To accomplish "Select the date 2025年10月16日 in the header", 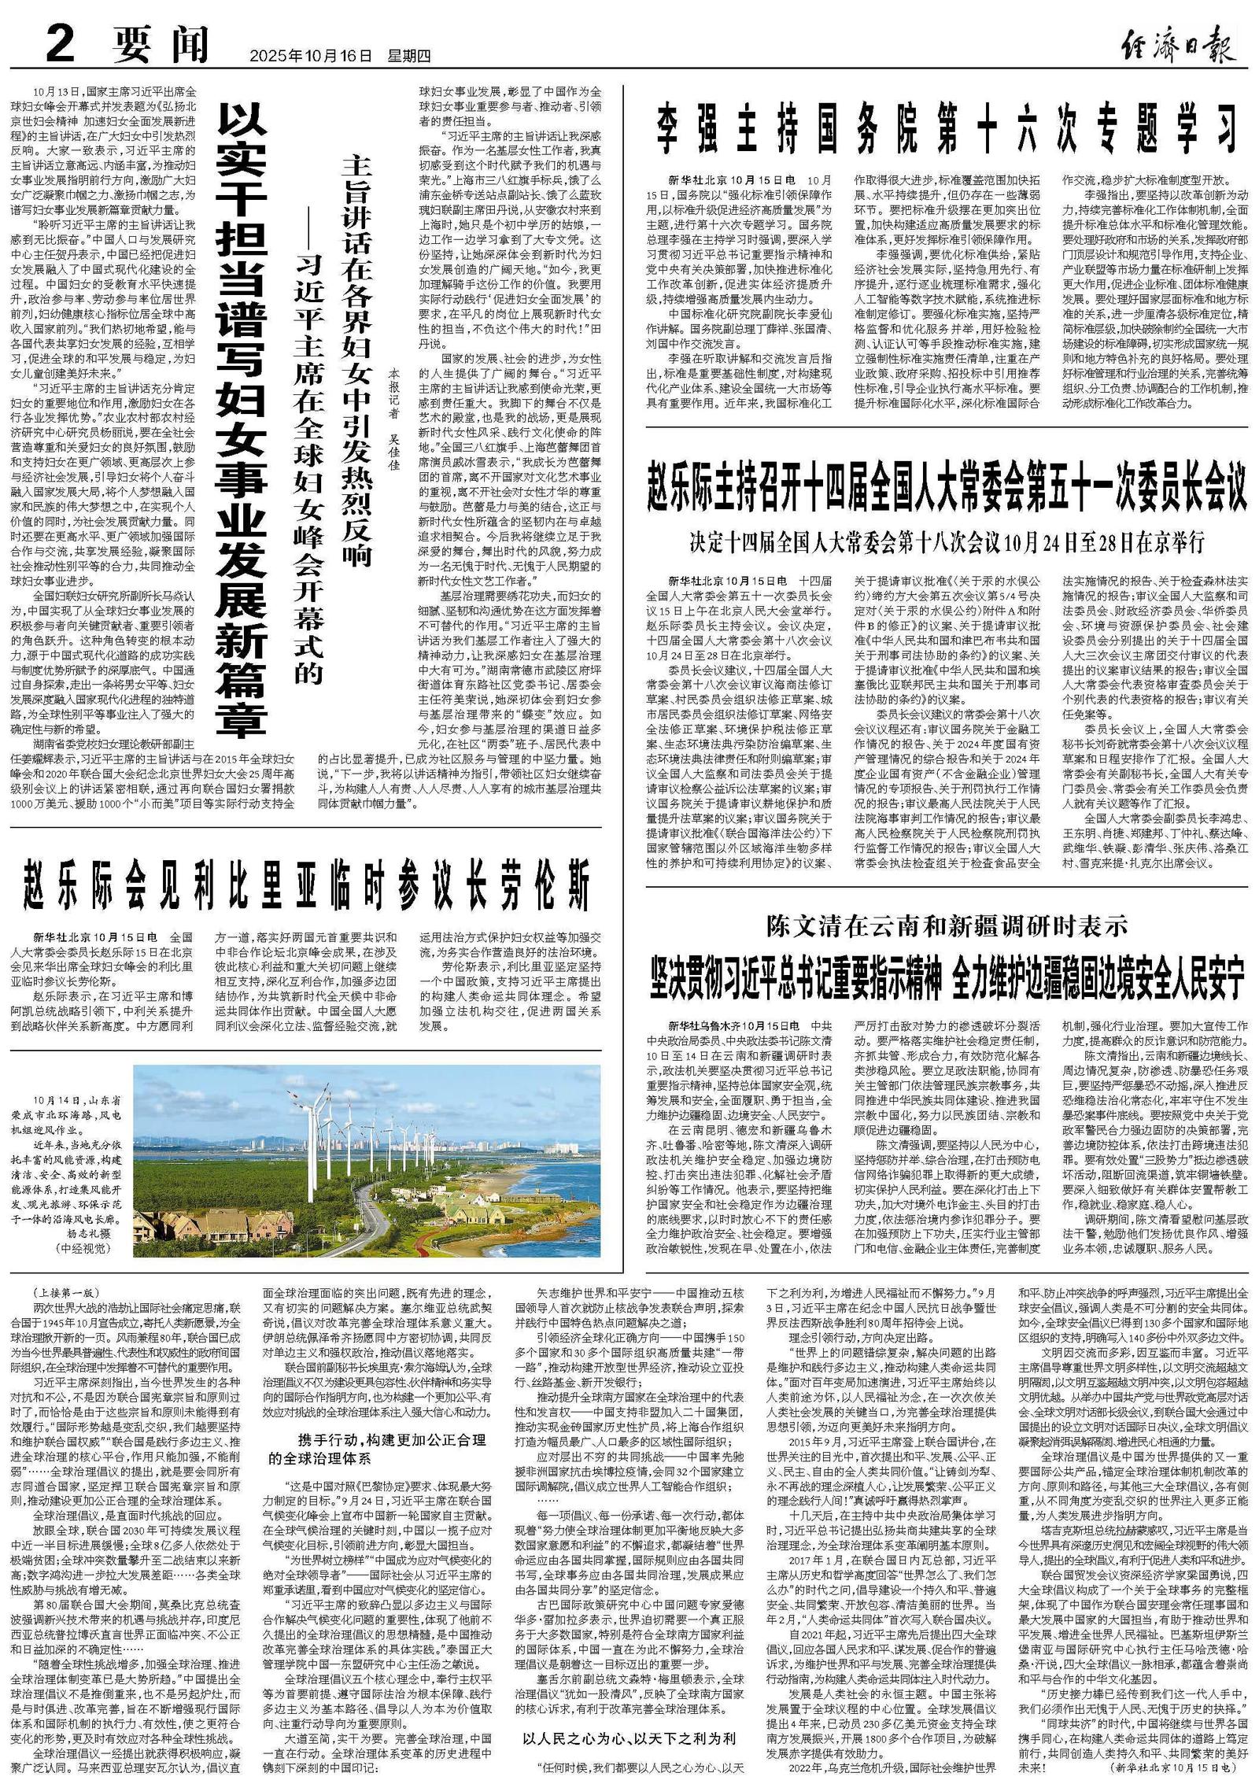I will point(309,56).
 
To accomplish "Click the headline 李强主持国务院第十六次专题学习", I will point(947,130).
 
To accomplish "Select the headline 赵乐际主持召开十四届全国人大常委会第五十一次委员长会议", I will point(947,488).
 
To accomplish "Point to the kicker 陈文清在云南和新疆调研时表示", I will point(947,925).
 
